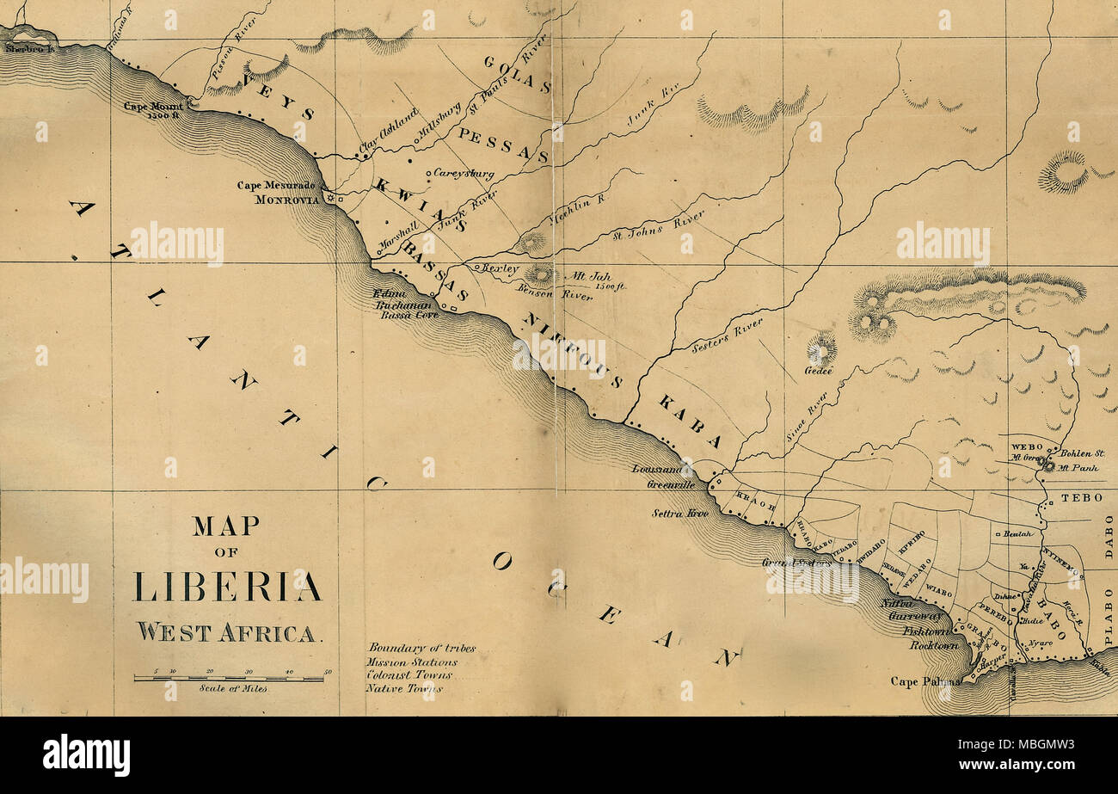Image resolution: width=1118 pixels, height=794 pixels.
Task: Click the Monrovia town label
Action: pos(287,199)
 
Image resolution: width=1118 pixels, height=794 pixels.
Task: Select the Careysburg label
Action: pos(464,174)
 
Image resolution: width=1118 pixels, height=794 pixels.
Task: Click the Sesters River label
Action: pos(727,335)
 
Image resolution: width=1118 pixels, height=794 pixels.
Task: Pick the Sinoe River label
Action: pos(806,417)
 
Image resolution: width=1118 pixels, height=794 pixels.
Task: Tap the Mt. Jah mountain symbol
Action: pos(541,275)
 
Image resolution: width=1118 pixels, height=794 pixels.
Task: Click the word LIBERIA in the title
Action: pos(226,586)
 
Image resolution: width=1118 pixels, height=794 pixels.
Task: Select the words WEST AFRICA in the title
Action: pos(226,632)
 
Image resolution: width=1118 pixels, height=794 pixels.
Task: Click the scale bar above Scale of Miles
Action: pos(229,679)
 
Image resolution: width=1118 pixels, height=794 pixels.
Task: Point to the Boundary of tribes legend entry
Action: pos(421,648)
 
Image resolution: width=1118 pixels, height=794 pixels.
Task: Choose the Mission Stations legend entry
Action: pos(412,662)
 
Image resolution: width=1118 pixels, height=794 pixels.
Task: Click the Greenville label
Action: pos(671,484)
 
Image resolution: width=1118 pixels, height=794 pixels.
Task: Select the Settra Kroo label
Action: pos(680,514)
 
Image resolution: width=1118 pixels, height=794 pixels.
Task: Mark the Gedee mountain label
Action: pos(818,371)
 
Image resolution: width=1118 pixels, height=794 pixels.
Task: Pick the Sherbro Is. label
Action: pos(28,49)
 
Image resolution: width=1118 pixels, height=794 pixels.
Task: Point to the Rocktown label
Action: pos(933,644)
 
